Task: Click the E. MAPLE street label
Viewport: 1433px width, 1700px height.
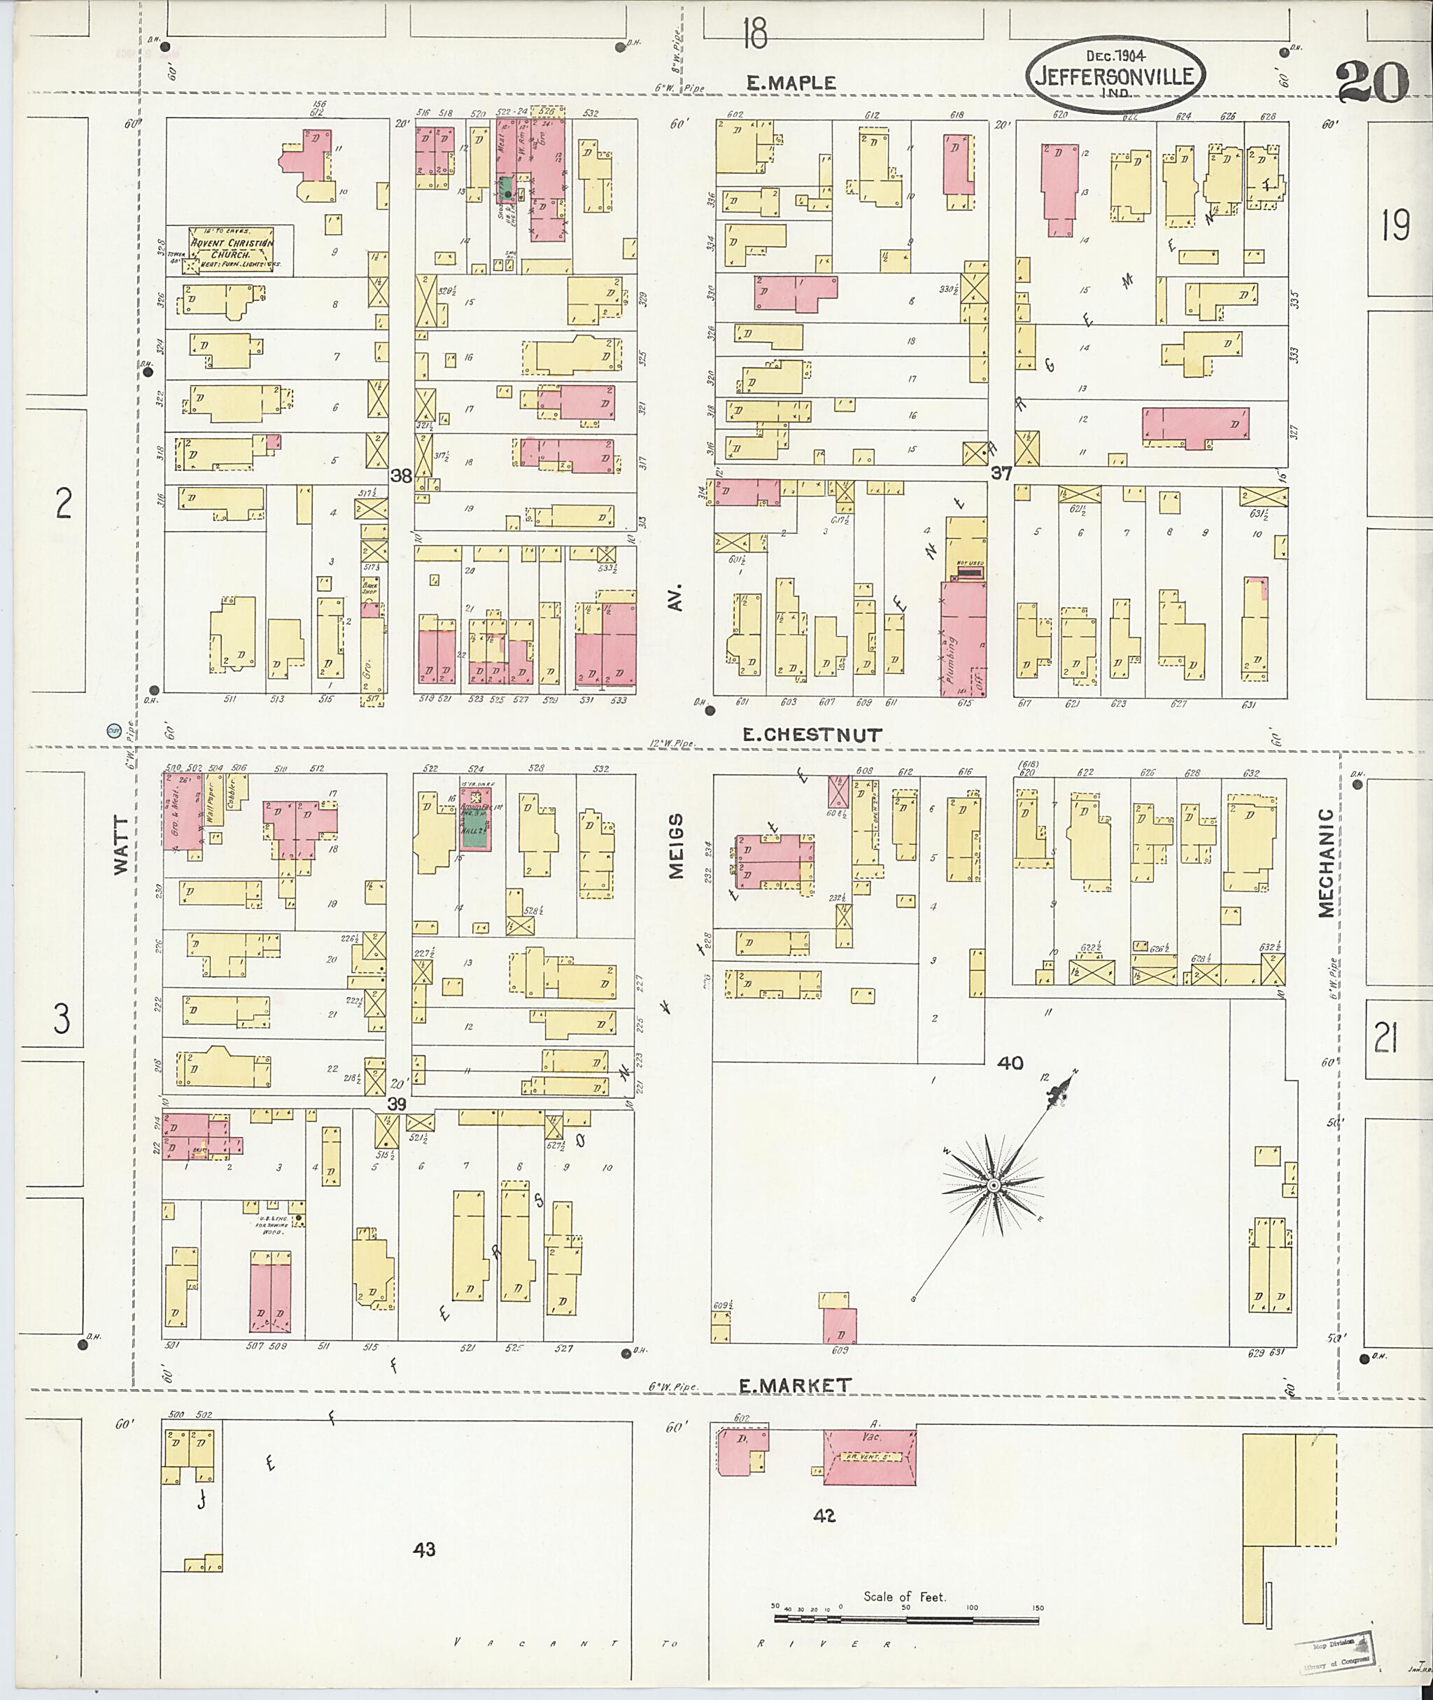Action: tap(791, 83)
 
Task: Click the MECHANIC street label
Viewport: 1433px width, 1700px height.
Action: tap(1326, 862)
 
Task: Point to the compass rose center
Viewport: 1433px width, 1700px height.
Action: tap(993, 1187)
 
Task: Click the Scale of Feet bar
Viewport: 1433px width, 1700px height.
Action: tap(906, 1620)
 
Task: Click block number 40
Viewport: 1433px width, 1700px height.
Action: tap(1010, 1062)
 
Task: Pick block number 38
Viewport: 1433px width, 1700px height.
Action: tap(402, 476)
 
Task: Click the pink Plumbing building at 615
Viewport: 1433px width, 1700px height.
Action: tap(963, 638)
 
